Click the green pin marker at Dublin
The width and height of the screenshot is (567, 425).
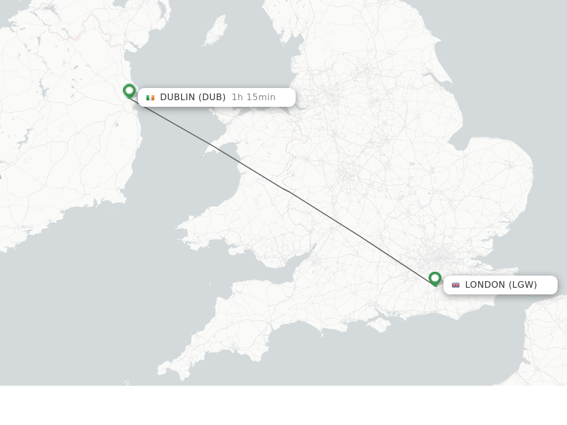(x=130, y=91)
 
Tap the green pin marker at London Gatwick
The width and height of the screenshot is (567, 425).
(x=435, y=278)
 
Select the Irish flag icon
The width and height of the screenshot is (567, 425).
(x=150, y=97)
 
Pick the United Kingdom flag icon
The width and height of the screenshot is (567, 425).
(x=456, y=285)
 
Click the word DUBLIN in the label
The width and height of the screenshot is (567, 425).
(x=178, y=97)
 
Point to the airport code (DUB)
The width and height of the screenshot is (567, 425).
(x=212, y=97)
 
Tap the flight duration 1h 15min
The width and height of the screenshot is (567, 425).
(x=254, y=97)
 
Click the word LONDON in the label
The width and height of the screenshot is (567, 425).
(x=485, y=285)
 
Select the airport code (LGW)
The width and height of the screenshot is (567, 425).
(x=523, y=285)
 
